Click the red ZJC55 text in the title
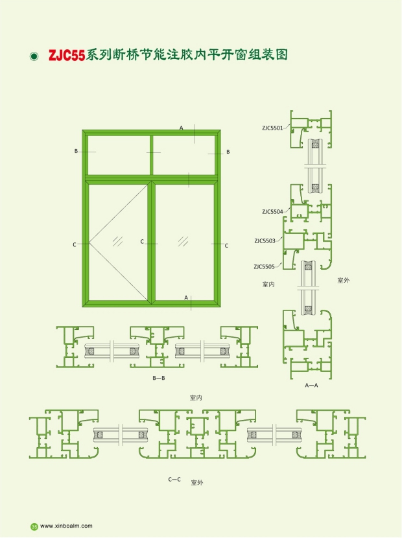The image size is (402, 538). click(x=67, y=56)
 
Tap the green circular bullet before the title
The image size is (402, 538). click(x=34, y=56)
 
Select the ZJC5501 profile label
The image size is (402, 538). click(x=272, y=128)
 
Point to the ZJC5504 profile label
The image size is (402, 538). click(x=272, y=212)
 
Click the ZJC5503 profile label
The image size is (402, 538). click(x=265, y=241)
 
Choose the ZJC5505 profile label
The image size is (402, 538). click(x=265, y=266)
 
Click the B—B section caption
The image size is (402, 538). click(x=159, y=378)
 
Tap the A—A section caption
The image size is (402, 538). click(x=311, y=385)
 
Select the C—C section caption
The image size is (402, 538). click(x=174, y=479)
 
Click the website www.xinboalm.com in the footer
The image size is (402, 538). click(x=66, y=526)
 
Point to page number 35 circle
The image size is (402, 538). click(x=34, y=526)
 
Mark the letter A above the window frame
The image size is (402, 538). click(x=182, y=128)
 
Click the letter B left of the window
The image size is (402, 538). click(x=77, y=151)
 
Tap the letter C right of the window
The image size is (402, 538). click(x=226, y=246)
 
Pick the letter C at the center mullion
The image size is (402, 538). click(x=142, y=242)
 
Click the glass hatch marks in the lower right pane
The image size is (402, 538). click(x=183, y=241)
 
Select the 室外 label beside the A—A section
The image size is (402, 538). click(x=343, y=280)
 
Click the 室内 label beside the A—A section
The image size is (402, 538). click(x=268, y=284)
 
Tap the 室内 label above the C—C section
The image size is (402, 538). click(x=196, y=398)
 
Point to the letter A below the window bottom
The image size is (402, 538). click(x=186, y=298)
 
